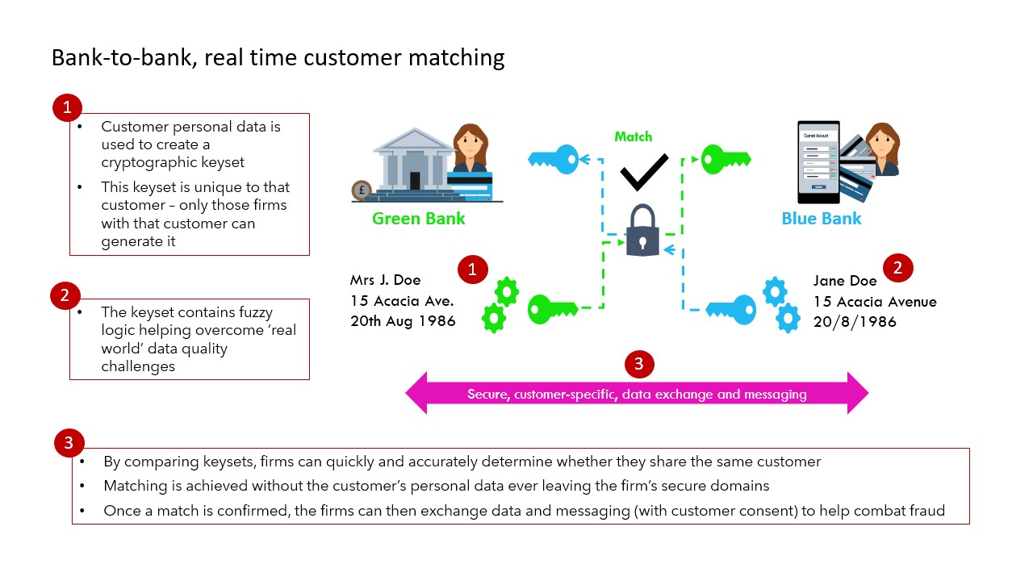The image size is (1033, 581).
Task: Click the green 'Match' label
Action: click(633, 136)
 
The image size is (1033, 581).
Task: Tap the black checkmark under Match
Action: click(643, 171)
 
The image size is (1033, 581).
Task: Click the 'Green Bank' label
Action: click(418, 218)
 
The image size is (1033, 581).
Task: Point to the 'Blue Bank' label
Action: click(821, 218)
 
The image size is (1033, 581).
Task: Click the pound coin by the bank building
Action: click(361, 191)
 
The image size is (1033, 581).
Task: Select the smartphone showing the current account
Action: click(818, 162)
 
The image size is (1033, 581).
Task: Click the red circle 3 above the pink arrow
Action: click(639, 364)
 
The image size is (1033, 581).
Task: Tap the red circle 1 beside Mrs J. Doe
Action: click(472, 270)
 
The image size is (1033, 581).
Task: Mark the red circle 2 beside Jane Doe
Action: click(898, 268)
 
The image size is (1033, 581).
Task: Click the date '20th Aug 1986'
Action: click(403, 321)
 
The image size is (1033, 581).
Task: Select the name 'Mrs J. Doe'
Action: click(385, 281)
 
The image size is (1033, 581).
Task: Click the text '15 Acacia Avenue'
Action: click(875, 302)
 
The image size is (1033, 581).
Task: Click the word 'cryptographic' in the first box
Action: click(146, 161)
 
